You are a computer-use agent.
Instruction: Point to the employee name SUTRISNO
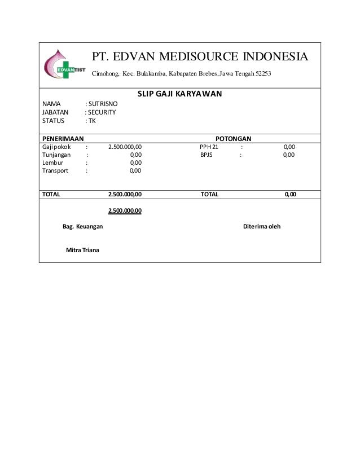(103, 104)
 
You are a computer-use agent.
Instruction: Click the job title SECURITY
(102, 112)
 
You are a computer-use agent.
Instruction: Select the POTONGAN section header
(234, 138)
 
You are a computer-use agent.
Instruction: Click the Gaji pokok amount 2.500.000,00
(125, 146)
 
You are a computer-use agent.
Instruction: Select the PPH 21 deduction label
(209, 146)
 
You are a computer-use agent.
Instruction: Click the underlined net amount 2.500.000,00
(125, 211)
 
